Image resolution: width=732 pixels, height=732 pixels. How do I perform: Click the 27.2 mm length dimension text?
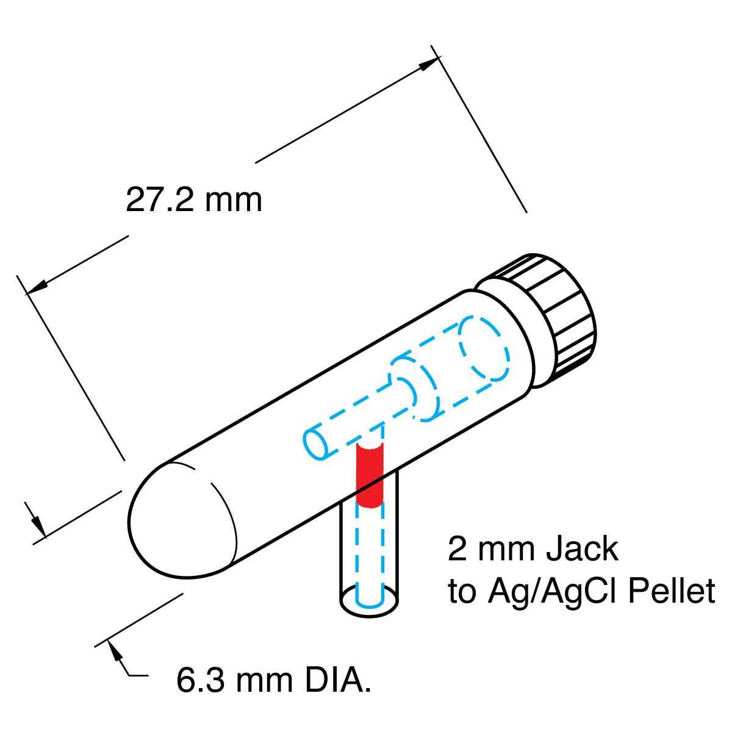coord(194,199)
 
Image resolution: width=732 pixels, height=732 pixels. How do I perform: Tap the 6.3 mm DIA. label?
coord(274,680)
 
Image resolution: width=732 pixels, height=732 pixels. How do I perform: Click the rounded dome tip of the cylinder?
coord(180,518)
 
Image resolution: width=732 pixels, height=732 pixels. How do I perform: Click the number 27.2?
coord(160,199)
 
